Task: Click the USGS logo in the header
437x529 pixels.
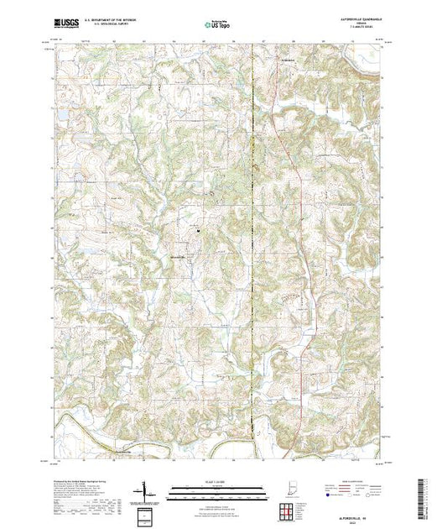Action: (x=65, y=26)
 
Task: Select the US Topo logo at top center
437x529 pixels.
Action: (x=217, y=26)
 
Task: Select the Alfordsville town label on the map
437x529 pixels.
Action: (x=178, y=256)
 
